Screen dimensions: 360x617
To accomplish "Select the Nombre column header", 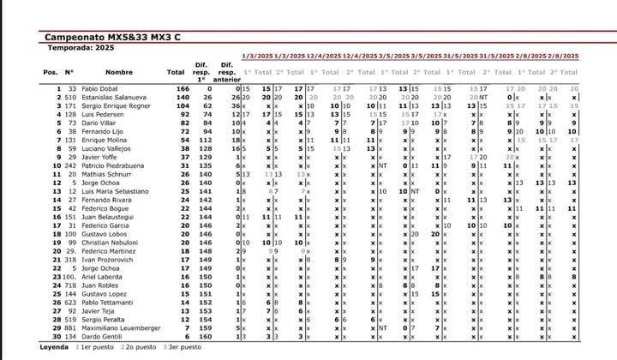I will pyautogui.click(x=119, y=73).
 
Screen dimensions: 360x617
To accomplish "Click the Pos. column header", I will pyautogui.click(x=51, y=73).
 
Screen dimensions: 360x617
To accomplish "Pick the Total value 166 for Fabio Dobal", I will pyautogui.click(x=182, y=88).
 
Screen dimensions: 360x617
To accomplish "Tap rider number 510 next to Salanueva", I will pyautogui.click(x=70, y=97).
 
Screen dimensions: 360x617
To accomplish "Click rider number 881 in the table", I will pyautogui.click(x=70, y=327).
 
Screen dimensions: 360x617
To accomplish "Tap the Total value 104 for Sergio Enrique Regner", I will pyautogui.click(x=182, y=105).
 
